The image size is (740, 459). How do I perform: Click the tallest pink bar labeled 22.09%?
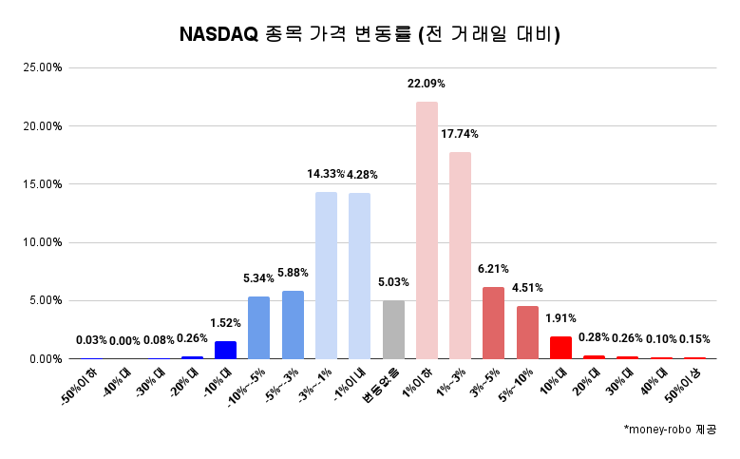427,230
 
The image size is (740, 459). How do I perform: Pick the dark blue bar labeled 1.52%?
225,350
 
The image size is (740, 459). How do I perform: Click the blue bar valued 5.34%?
258,328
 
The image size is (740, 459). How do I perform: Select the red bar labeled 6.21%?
493,322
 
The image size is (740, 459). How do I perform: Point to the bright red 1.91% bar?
560,348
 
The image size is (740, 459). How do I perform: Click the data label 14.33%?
325,174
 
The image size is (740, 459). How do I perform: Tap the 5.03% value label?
393,282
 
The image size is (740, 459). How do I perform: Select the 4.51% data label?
527,288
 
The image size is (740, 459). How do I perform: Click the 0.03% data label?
91,340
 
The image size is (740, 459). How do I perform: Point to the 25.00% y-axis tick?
43,67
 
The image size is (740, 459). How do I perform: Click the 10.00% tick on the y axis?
43,242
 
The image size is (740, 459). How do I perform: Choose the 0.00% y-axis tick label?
46,359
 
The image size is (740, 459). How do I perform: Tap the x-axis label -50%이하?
79,388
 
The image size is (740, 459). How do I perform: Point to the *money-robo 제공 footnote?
670,430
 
